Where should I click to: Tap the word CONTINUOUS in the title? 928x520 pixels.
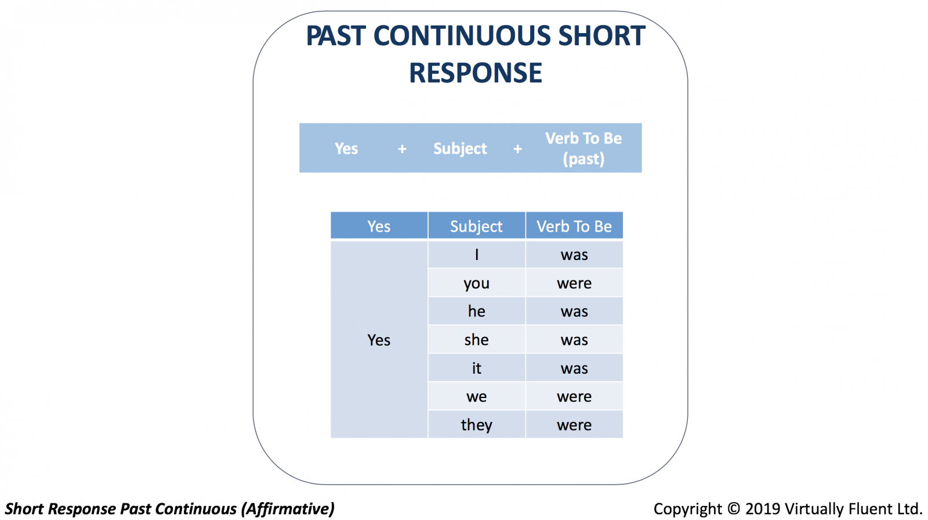click(462, 36)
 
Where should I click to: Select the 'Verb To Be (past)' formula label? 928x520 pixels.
click(583, 149)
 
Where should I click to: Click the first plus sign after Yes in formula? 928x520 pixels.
click(402, 149)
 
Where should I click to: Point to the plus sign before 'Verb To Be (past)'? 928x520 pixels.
click(517, 149)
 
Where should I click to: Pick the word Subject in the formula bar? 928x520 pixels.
click(460, 149)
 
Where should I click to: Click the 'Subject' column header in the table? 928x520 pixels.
click(476, 226)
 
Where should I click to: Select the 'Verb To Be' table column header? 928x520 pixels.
click(574, 226)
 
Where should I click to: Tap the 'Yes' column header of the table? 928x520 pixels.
click(379, 226)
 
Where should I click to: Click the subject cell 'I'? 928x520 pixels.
click(476, 255)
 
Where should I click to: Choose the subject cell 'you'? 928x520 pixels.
click(476, 283)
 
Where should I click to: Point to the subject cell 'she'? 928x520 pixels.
click(476, 340)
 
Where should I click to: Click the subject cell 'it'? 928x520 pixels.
click(476, 368)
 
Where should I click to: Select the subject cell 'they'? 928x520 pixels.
click(476, 425)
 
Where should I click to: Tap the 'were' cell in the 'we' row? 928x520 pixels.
click(574, 396)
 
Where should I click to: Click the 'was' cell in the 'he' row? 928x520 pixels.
click(574, 312)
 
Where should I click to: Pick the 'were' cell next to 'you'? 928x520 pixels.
click(574, 283)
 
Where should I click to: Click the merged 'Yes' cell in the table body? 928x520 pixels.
click(379, 340)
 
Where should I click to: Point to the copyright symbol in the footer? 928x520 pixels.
click(734, 509)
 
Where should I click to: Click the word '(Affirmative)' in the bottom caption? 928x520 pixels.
click(288, 509)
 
